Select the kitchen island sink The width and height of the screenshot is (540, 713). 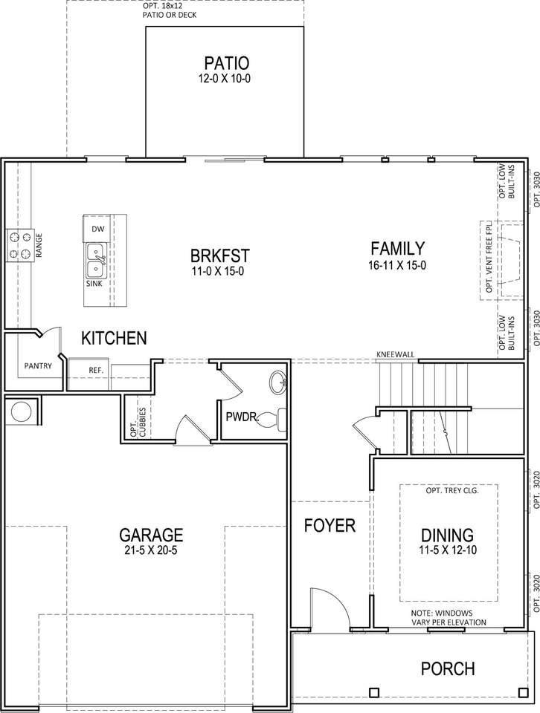[96, 261]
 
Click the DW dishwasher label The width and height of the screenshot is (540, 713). [98, 229]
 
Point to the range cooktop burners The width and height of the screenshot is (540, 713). [20, 246]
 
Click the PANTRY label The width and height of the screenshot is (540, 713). [38, 365]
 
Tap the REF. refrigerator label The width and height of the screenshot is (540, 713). [96, 370]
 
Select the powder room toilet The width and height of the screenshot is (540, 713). [273, 419]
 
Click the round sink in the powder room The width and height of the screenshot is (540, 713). [277, 382]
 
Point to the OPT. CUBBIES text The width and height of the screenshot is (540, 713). [138, 423]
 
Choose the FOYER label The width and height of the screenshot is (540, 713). [330, 525]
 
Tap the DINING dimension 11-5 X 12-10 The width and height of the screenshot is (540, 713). [448, 550]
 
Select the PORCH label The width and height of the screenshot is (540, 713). [448, 669]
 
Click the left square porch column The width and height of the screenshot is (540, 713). [374, 692]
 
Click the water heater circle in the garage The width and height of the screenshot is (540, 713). [21, 411]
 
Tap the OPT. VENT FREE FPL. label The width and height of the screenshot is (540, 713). [489, 258]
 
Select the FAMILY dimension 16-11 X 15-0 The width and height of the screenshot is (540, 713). [397, 265]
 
